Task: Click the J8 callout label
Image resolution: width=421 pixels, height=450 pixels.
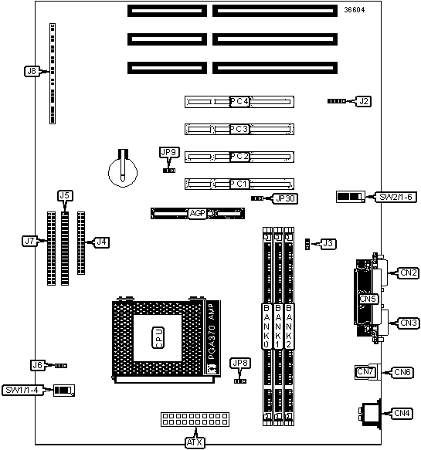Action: (32, 71)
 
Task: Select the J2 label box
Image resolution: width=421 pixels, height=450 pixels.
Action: (364, 101)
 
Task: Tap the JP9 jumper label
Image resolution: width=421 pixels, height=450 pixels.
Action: (169, 152)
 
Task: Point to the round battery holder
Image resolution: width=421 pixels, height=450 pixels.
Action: (123, 171)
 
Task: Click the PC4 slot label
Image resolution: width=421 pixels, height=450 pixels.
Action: (239, 102)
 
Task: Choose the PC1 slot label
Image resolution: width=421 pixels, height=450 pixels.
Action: (239, 184)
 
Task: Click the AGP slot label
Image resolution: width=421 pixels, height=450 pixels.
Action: (198, 214)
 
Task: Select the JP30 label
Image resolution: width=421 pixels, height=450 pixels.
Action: (285, 198)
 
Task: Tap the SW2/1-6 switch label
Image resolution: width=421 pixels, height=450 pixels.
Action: (396, 197)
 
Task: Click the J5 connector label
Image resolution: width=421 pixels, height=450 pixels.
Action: (65, 196)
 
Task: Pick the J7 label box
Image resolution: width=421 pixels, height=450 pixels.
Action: (29, 241)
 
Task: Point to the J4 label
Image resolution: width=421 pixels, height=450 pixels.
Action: (102, 242)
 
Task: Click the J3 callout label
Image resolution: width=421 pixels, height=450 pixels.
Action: (328, 244)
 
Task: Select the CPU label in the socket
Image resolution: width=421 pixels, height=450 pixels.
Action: (158, 338)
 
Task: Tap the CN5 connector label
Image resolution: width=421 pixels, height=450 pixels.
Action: (368, 299)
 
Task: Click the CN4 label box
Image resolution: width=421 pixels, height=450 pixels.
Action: (402, 414)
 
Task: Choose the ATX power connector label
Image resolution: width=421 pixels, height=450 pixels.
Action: (195, 442)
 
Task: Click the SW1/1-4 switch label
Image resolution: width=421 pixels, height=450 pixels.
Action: (22, 391)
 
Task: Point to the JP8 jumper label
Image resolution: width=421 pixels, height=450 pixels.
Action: (240, 364)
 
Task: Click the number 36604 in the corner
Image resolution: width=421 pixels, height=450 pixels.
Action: (355, 10)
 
